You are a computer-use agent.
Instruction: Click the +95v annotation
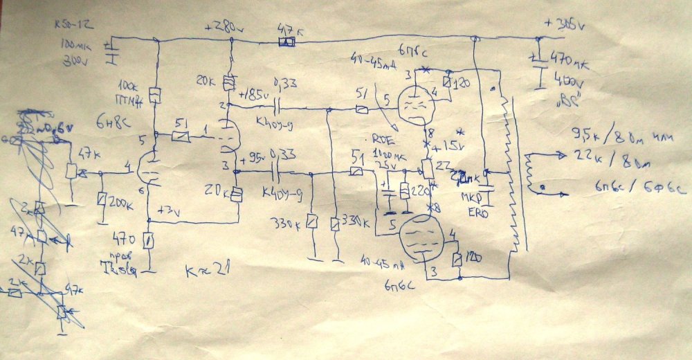click(253, 156)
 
